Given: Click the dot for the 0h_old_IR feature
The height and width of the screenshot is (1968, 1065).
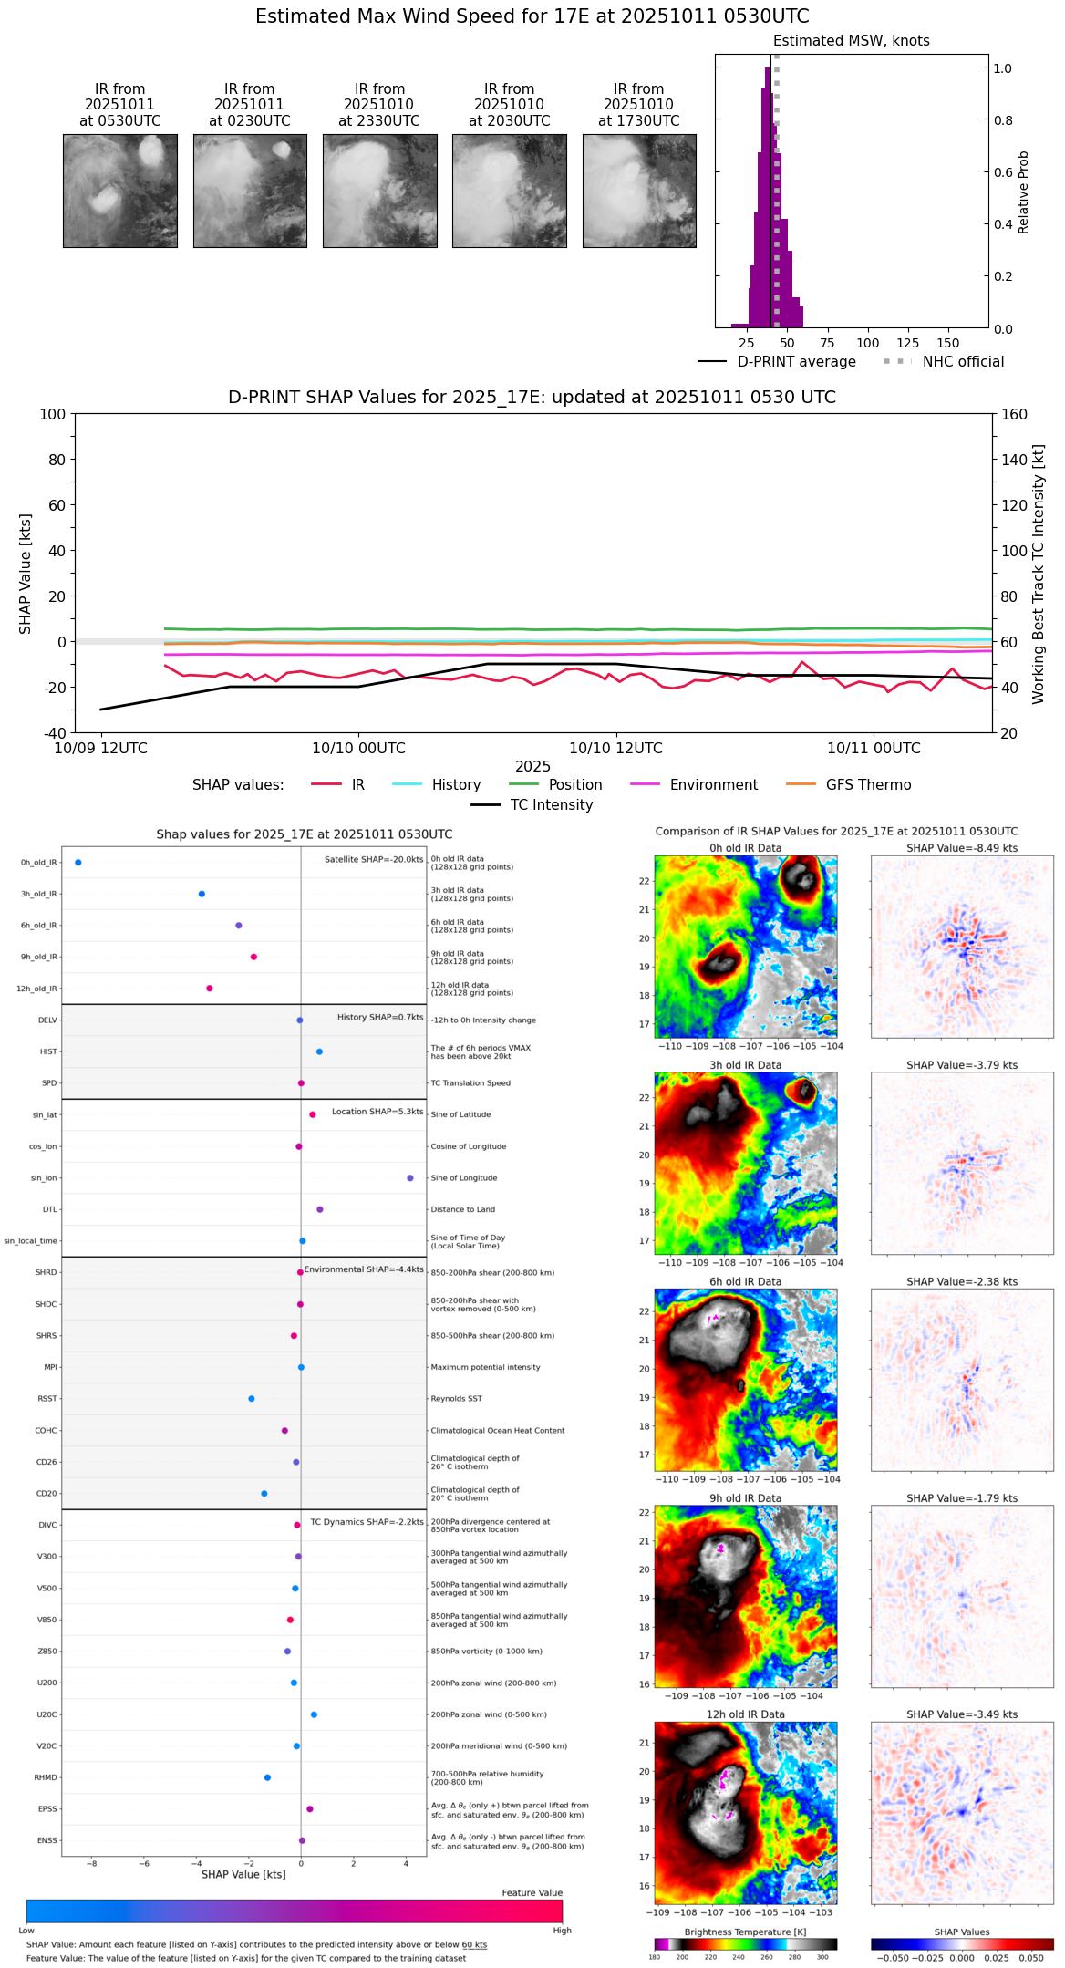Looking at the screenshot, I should click(x=78, y=862).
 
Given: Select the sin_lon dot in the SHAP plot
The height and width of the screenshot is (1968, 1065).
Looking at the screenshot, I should click(x=410, y=1177).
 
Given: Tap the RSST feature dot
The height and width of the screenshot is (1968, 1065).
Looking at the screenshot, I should click(x=252, y=1398).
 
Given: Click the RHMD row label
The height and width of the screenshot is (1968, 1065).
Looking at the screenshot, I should click(x=46, y=1776).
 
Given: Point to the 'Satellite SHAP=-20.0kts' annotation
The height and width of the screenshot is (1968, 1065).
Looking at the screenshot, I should click(x=374, y=859).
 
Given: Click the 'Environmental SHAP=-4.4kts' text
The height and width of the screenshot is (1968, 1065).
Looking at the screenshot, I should click(x=364, y=1269).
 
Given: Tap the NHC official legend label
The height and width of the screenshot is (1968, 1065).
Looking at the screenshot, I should click(x=963, y=361).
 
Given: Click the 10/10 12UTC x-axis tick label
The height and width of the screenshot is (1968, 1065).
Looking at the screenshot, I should click(x=615, y=748).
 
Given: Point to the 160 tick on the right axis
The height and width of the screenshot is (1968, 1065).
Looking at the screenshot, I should click(x=1014, y=414).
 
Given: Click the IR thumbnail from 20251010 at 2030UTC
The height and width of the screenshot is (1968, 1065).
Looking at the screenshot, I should click(x=510, y=191).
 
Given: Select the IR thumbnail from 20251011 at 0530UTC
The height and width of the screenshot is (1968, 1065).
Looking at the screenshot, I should click(x=120, y=191).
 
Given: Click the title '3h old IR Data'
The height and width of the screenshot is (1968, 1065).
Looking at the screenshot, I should click(x=745, y=1064).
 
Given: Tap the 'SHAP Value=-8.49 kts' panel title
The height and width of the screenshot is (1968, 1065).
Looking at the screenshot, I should click(x=962, y=847).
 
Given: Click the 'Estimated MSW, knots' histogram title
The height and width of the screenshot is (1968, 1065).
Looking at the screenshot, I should click(x=852, y=41).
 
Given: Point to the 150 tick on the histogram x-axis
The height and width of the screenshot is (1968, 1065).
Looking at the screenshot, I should click(x=948, y=343).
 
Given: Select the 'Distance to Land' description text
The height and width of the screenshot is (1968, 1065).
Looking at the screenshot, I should click(x=463, y=1209).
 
